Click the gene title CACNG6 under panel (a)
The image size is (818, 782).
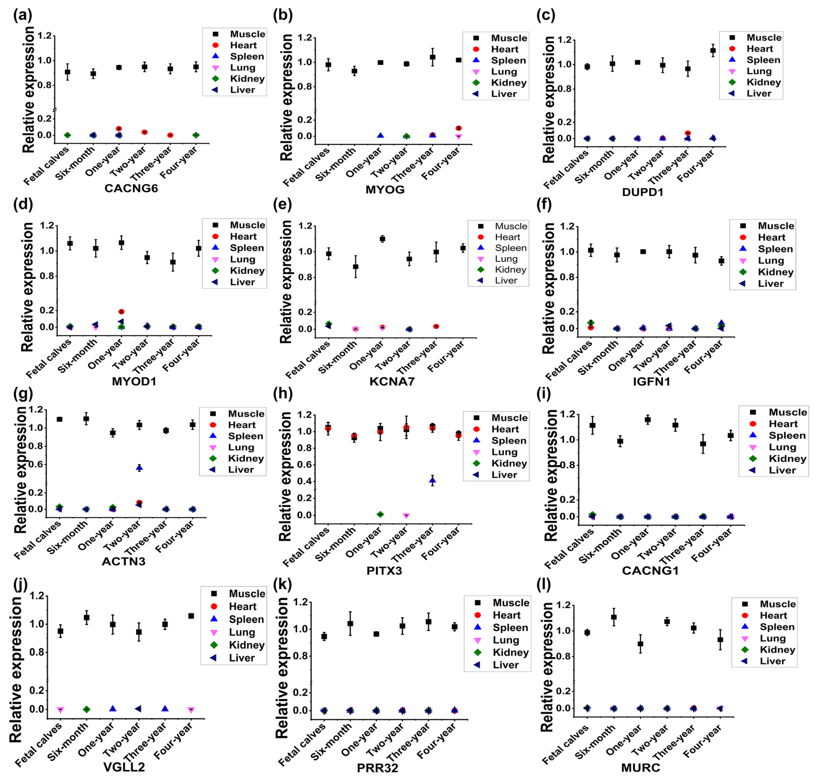point(131,188)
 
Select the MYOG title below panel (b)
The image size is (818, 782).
point(385,190)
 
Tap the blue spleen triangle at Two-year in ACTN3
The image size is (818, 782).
point(139,468)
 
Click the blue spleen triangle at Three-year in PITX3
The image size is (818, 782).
point(432,480)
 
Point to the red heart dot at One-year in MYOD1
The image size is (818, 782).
point(121,312)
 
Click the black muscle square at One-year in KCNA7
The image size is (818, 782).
point(382,239)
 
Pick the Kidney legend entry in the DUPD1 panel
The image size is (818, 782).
point(763,82)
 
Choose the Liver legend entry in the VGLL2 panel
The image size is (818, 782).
point(241,658)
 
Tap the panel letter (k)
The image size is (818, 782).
point(283,584)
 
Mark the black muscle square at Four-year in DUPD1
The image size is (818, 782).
point(713,51)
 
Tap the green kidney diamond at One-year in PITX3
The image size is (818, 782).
point(380,514)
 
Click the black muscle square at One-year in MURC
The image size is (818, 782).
point(640,644)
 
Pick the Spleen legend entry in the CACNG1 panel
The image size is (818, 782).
point(787,435)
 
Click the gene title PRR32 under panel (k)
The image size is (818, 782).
point(377,768)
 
